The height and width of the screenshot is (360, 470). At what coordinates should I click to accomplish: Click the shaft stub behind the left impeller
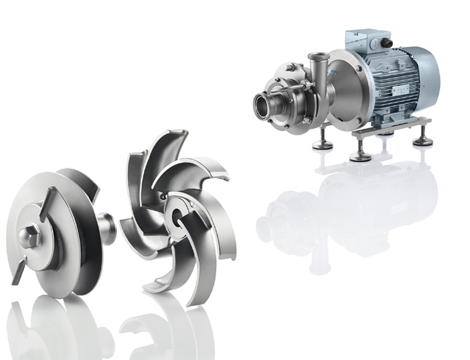108,226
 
